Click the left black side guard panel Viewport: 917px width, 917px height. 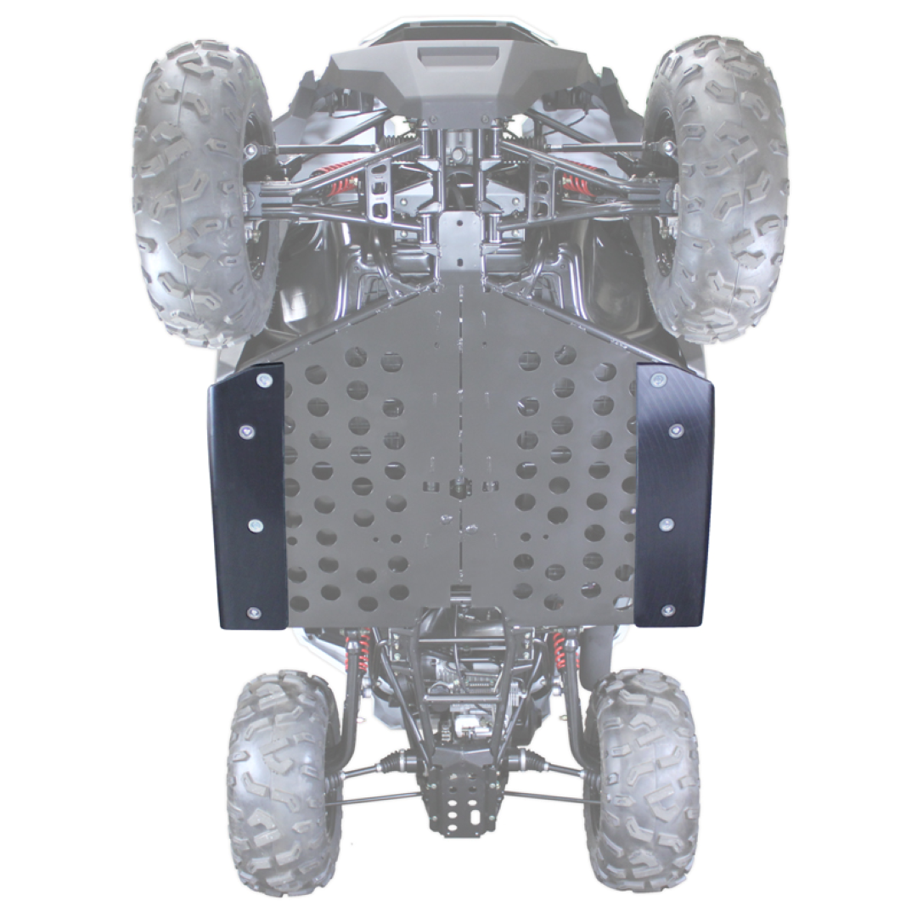pos(247,501)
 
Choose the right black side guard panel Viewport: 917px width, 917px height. pos(674,497)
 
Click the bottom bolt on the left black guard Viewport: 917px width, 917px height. pos(253,612)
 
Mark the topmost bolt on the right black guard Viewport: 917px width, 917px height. pos(657,376)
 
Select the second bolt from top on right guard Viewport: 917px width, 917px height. pos(677,430)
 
